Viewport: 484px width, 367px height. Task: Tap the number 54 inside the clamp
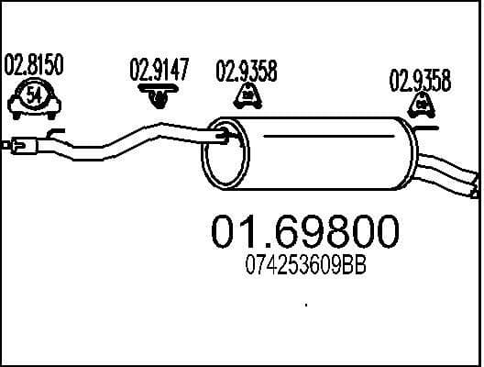[34, 94]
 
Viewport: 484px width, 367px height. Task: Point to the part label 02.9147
[159, 70]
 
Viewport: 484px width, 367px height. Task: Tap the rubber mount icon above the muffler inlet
[247, 96]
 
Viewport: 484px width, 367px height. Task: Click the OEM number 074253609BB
[305, 268]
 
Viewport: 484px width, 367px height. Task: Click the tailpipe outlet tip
[473, 183]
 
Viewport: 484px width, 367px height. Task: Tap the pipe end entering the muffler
[225, 139]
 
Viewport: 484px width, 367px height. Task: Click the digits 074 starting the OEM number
[258, 268]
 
